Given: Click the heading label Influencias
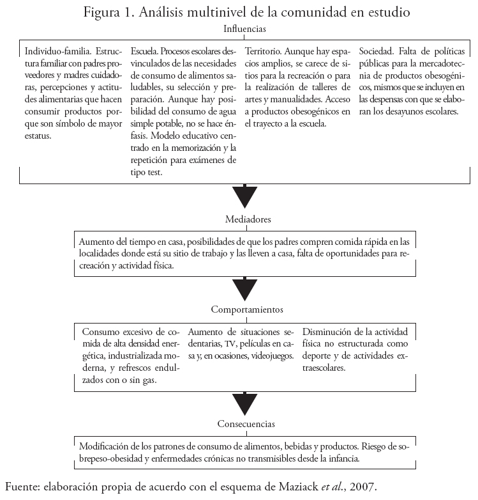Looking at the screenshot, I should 245,29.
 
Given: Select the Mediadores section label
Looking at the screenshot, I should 248,219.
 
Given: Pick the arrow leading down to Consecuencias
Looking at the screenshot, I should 245,403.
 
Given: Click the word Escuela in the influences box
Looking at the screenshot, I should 144,51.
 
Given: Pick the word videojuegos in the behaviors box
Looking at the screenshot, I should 272,355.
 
